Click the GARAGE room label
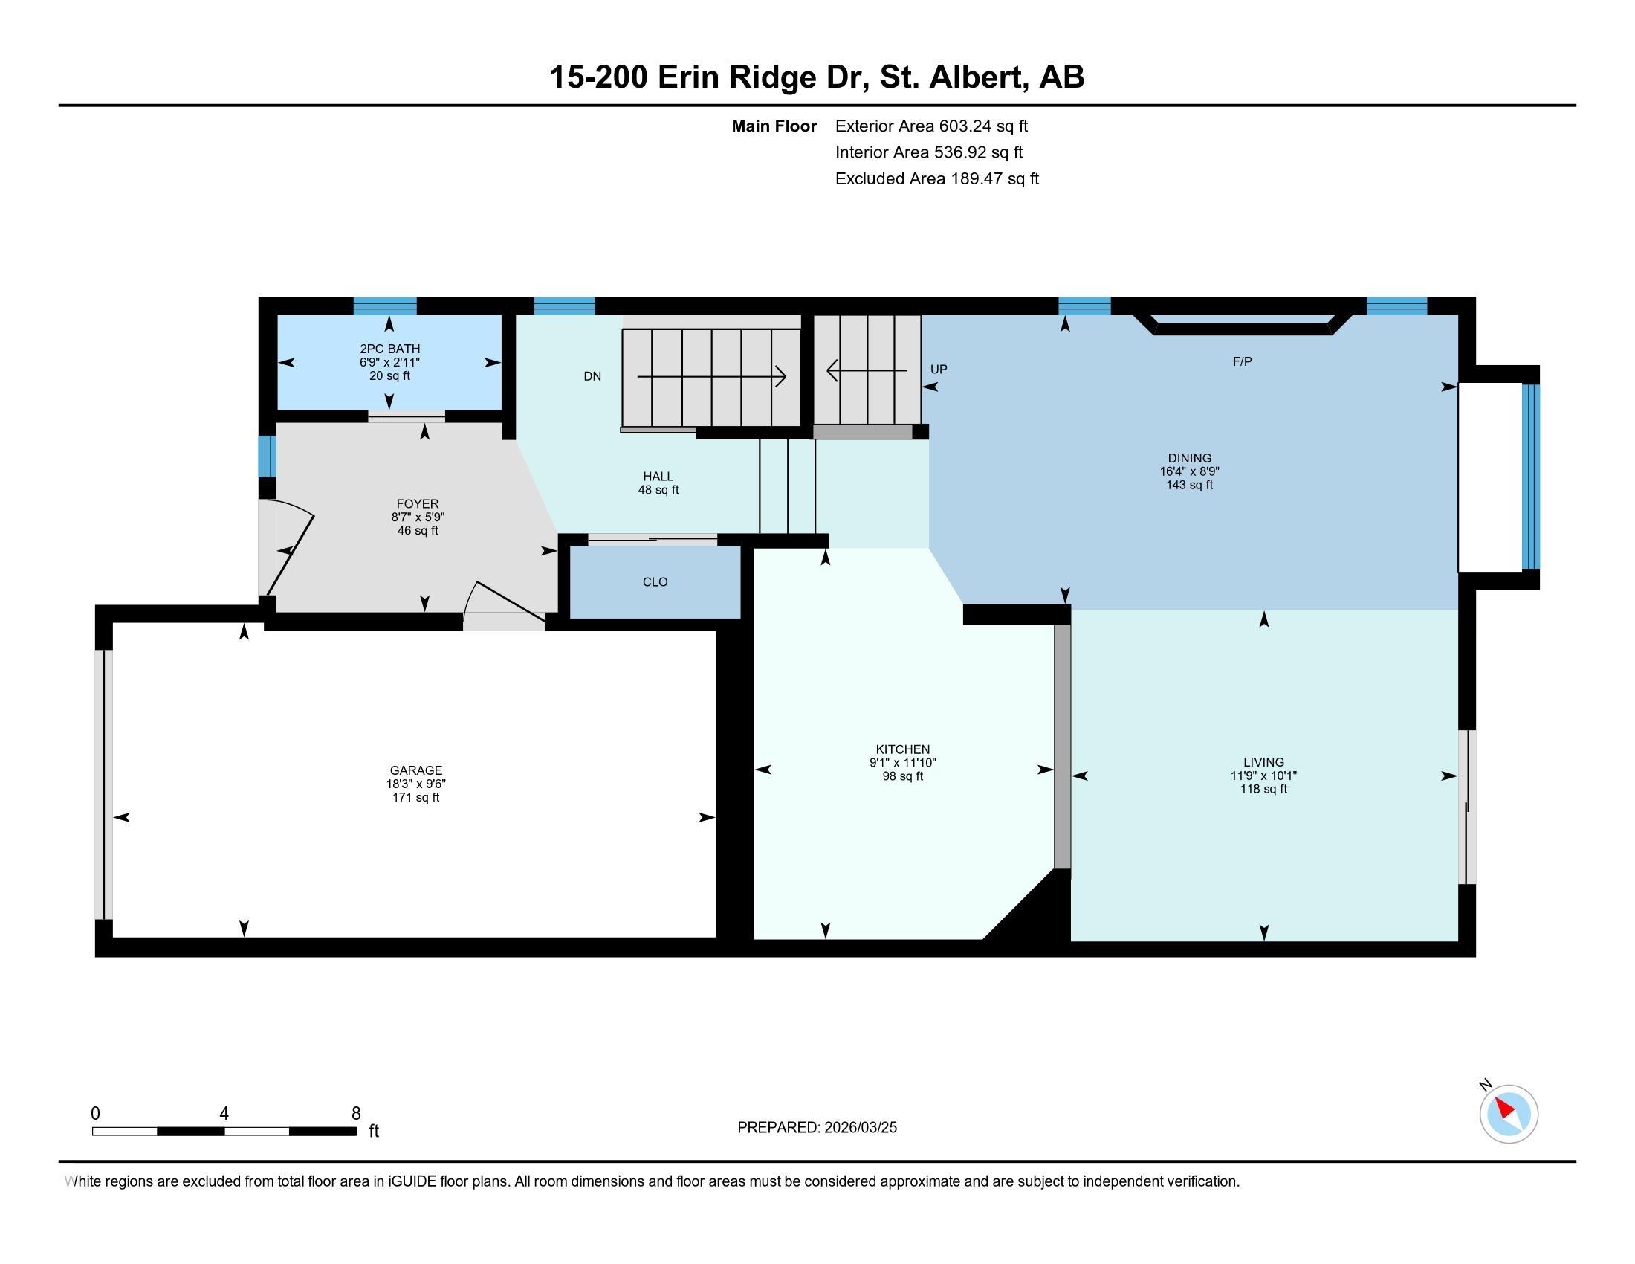[x=415, y=770]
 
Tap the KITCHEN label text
[x=903, y=749]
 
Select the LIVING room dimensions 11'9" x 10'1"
[x=1263, y=776]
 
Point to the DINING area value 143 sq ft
[x=1190, y=486]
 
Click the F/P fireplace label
[x=1242, y=361]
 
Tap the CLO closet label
[x=655, y=582]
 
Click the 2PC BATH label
[x=389, y=348]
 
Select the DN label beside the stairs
[x=592, y=376]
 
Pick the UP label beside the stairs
[x=939, y=368]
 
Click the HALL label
[x=658, y=477]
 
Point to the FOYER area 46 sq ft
[x=418, y=531]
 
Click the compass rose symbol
[x=1509, y=1114]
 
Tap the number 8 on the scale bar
[x=355, y=1114]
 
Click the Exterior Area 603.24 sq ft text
[x=931, y=126]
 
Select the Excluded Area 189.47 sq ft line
[x=937, y=178]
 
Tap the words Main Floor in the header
[x=774, y=126]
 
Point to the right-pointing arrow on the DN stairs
[x=711, y=376]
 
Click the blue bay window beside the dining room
[x=1531, y=477]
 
